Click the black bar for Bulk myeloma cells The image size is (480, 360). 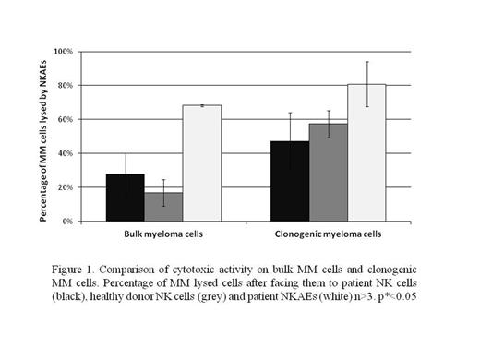[x=125, y=198]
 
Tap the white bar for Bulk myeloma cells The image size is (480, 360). [x=201, y=163]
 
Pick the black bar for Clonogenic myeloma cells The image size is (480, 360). [x=289, y=181]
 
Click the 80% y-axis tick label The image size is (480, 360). [x=64, y=85]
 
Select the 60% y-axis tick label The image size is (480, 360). [x=64, y=119]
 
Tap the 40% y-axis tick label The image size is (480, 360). [x=64, y=153]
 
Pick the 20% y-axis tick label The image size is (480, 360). [x=64, y=187]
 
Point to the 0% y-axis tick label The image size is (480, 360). [x=66, y=222]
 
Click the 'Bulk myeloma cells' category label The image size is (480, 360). [x=163, y=234]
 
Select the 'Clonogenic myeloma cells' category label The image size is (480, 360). [x=328, y=234]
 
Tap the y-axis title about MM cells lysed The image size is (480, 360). [x=43, y=137]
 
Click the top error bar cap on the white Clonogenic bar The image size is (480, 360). [x=366, y=62]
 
